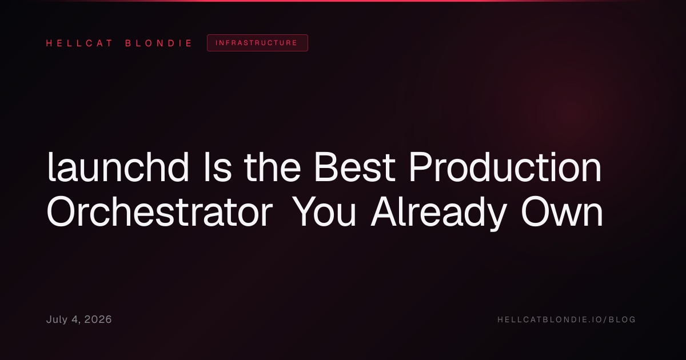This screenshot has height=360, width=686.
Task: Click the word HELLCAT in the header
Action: pos(79,43)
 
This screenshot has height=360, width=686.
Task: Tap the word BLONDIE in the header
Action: pos(158,43)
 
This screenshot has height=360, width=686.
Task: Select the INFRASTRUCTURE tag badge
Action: pos(257,43)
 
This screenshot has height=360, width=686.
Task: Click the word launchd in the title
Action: pos(118,167)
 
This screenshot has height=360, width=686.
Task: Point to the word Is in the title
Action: pos(218,167)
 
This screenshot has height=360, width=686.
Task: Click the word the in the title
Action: pos(272,167)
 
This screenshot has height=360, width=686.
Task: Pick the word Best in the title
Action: pos(355,167)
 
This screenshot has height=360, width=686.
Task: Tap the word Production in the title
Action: pos(505,167)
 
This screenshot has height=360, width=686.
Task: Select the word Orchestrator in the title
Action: pos(159,211)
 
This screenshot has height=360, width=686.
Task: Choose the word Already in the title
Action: pos(438,214)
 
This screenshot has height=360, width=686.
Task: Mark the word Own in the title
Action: pos(562,211)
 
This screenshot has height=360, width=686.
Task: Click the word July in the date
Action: pos(57,319)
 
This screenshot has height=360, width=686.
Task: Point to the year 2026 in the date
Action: pos(98,319)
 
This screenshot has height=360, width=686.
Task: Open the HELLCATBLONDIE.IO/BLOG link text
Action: pos(567,319)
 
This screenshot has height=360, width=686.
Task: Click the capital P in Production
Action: pos(421,167)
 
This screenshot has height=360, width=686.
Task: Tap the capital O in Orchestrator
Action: pos(61,211)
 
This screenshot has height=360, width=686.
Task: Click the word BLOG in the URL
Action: pos(622,319)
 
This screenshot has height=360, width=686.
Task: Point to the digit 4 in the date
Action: pos(75,319)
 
